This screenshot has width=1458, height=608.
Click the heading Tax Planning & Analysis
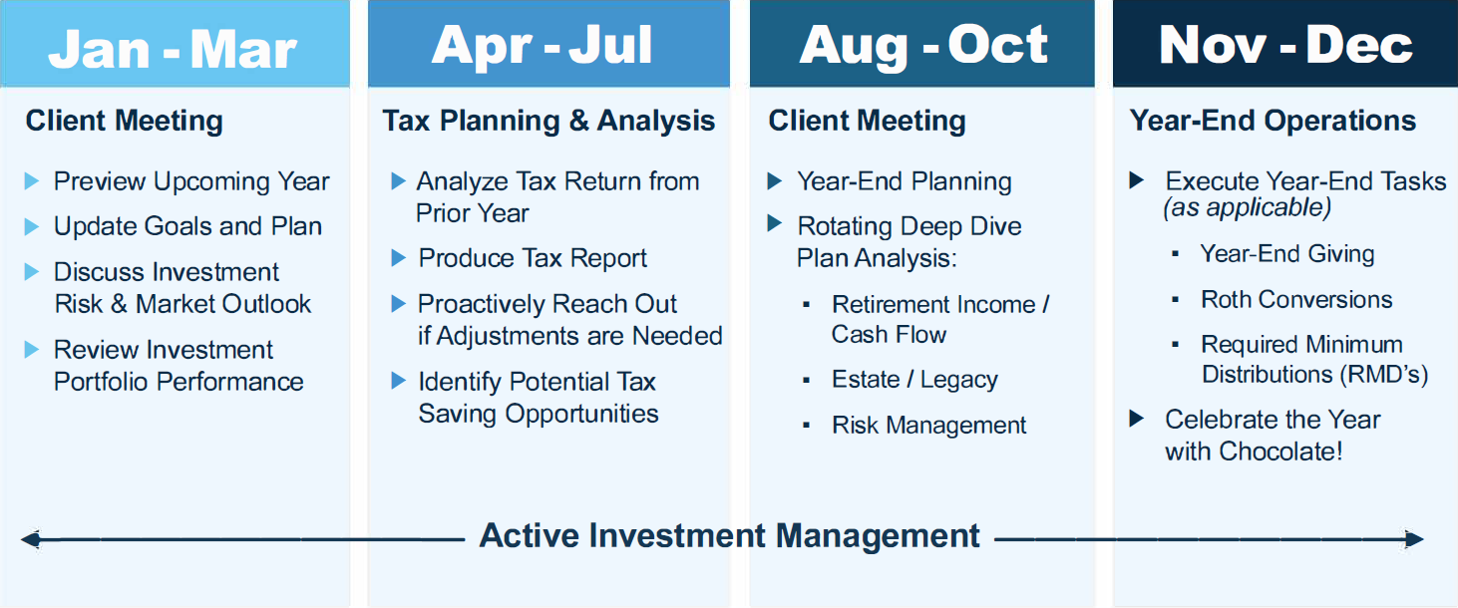click(548, 121)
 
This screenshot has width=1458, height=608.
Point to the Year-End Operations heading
click(1273, 121)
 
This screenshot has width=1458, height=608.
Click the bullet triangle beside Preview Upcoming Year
click(32, 180)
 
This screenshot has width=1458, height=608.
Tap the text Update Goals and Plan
click(187, 226)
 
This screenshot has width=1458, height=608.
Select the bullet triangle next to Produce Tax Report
click(398, 257)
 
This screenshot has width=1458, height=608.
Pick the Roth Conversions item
click(1296, 300)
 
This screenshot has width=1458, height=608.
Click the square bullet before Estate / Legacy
click(807, 381)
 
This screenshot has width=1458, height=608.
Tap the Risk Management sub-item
click(928, 426)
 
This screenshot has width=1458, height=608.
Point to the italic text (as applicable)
click(1248, 208)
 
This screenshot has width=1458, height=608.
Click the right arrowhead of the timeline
click(1414, 539)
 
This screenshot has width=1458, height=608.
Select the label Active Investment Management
click(729, 536)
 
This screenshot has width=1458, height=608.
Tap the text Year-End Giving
click(1287, 254)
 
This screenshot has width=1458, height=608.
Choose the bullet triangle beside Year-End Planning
click(775, 180)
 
